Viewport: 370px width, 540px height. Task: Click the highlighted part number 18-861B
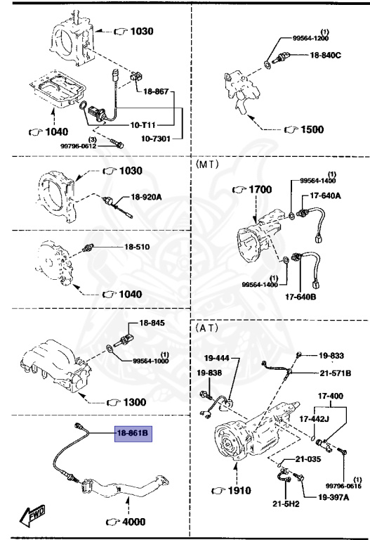[133, 433]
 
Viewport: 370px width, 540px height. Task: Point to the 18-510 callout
[138, 247]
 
